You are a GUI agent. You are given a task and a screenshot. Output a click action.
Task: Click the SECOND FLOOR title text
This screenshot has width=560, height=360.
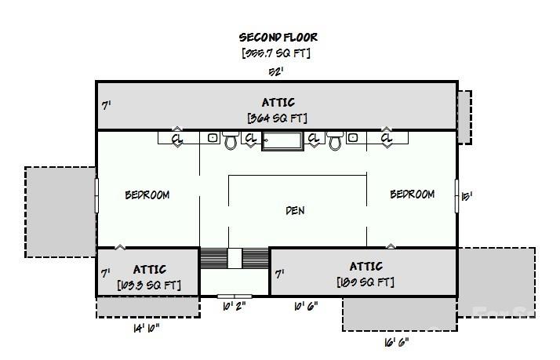[x=278, y=37]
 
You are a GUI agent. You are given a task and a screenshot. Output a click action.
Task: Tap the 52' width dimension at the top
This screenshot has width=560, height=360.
[x=276, y=71]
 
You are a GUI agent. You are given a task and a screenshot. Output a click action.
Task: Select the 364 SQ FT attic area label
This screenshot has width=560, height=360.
[x=278, y=118]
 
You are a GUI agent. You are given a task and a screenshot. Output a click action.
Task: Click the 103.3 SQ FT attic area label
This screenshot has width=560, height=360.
[x=148, y=285]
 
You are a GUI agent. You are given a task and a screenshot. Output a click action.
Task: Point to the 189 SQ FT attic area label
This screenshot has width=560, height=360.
[x=365, y=282]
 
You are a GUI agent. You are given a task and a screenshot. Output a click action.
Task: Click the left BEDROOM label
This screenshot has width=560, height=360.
[x=147, y=195]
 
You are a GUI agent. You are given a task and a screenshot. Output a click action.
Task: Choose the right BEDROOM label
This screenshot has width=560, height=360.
[x=412, y=194]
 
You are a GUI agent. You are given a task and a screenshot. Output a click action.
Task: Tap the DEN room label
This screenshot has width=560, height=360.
[x=295, y=210]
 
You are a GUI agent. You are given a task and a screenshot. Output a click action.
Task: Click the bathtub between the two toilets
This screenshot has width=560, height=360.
[x=282, y=141]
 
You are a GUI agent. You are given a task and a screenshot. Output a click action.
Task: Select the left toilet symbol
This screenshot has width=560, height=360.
[x=231, y=141]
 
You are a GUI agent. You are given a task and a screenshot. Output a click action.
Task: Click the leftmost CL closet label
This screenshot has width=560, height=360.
[x=177, y=139]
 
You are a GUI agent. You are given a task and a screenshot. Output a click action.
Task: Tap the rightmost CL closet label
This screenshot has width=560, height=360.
[x=387, y=139]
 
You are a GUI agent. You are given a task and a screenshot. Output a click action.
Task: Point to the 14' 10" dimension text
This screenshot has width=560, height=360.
[x=147, y=328]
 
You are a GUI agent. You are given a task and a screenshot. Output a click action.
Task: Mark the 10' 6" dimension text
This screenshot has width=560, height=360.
[x=305, y=306]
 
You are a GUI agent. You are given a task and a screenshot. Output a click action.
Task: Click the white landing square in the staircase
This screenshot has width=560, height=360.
[x=235, y=259]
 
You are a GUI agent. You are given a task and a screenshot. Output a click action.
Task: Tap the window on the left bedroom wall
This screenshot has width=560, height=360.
[x=96, y=195]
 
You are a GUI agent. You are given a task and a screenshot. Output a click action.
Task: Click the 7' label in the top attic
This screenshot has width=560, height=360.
[x=106, y=104]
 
